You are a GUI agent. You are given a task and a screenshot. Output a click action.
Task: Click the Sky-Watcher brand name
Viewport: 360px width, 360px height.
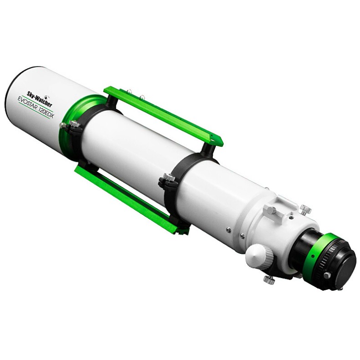click(38, 98)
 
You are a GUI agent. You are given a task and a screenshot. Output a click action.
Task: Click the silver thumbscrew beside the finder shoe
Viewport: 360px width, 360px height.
click(305, 210)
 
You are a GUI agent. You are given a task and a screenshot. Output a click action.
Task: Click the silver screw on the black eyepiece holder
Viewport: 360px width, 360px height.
click(326, 275)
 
